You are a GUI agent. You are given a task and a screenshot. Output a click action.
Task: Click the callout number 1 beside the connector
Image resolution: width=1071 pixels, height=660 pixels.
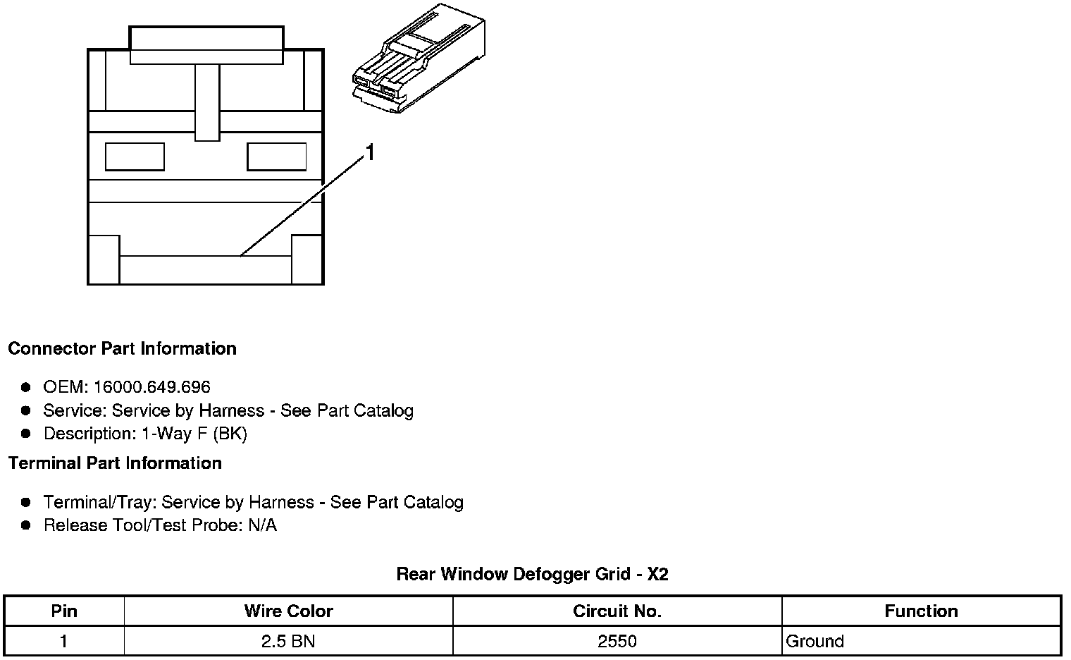(x=370, y=152)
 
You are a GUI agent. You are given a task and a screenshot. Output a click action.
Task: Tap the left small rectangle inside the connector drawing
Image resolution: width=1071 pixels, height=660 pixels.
(x=135, y=157)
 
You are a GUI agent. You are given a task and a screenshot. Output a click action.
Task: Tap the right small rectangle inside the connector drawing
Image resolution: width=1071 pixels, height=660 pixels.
(x=277, y=157)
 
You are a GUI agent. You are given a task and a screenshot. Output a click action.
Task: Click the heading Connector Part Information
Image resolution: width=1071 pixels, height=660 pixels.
(x=122, y=349)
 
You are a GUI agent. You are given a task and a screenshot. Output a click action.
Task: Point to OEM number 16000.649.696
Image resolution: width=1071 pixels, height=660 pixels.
(x=151, y=387)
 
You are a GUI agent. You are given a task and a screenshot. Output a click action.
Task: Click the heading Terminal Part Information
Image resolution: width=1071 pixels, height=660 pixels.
(x=115, y=463)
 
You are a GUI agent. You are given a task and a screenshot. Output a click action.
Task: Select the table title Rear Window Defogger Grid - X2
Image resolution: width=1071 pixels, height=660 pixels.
(x=532, y=574)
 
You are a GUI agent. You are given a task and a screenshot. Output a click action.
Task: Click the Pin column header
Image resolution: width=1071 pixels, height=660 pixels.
(x=64, y=611)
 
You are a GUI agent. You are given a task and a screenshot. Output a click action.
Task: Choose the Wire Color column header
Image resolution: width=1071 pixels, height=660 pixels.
(x=288, y=611)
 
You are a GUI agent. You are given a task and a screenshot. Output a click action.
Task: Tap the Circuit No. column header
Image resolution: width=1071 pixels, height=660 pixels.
(x=617, y=611)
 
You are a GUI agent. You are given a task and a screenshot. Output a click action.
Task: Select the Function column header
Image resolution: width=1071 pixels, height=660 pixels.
(x=921, y=611)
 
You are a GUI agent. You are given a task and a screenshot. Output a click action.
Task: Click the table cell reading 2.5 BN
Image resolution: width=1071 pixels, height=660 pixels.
(x=288, y=642)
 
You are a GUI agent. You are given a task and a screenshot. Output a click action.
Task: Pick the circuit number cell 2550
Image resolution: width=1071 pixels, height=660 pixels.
(x=617, y=642)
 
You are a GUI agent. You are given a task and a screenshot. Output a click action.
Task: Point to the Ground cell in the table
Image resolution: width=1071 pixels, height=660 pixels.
(x=815, y=642)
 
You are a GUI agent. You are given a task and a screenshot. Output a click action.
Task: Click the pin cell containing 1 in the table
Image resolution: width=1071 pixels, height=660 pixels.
(x=64, y=642)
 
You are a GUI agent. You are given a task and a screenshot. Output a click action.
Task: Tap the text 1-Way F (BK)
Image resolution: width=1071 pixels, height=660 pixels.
(x=194, y=434)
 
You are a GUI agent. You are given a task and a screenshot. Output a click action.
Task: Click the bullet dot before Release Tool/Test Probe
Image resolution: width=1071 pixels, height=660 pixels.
(x=26, y=525)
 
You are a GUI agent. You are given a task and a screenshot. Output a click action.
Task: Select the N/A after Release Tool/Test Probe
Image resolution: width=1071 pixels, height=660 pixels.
(x=263, y=525)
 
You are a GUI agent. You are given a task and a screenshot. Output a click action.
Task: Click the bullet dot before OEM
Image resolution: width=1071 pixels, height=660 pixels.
(x=26, y=387)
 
